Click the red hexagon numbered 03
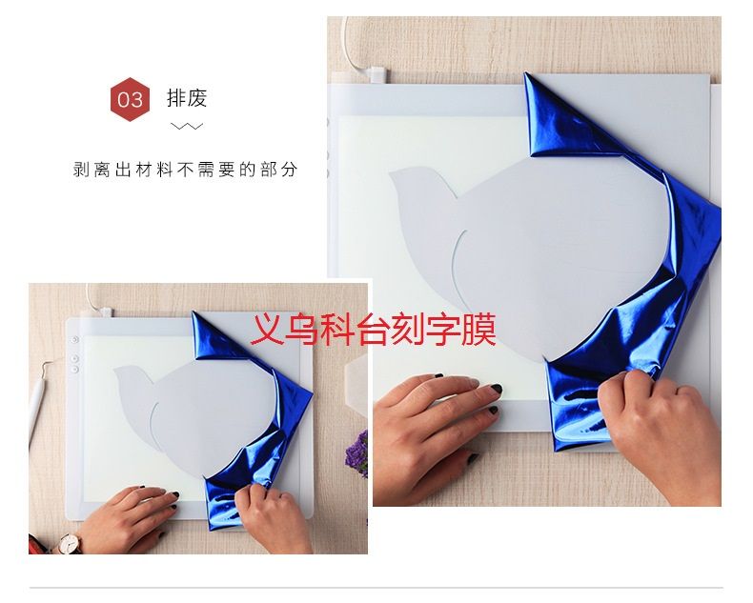[131, 100]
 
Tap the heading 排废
[187, 98]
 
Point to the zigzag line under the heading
[187, 126]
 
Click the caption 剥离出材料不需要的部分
[186, 170]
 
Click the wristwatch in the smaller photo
[69, 543]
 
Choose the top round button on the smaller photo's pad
[74, 340]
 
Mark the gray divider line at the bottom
[376, 588]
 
